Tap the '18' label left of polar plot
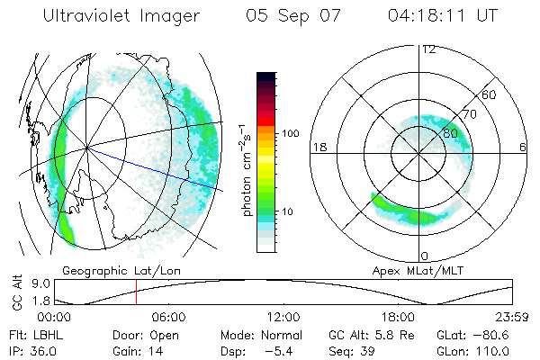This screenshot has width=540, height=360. click(x=319, y=147)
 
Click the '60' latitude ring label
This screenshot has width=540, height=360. click(x=490, y=94)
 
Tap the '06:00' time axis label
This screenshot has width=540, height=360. click(x=168, y=318)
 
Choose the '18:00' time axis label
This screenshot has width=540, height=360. click(x=398, y=318)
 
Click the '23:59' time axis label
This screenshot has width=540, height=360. click(x=510, y=318)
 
